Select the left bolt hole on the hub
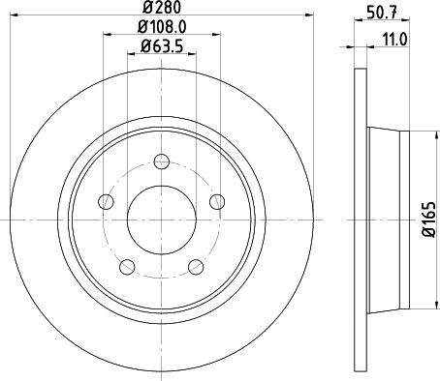click(x=106, y=201)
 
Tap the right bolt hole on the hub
click(x=216, y=201)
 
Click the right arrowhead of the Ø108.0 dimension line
click(x=214, y=36)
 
